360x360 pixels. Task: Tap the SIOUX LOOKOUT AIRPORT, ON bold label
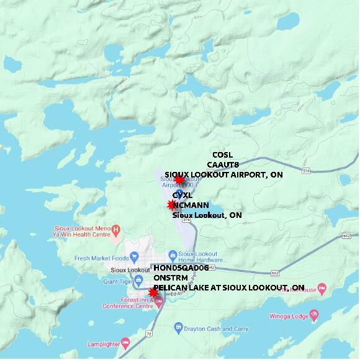click(x=223, y=175)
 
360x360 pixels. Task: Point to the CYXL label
click(x=182, y=196)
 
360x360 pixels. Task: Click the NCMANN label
click(x=190, y=205)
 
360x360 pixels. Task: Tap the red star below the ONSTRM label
click(x=153, y=292)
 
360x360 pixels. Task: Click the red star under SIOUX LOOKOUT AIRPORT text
click(x=179, y=180)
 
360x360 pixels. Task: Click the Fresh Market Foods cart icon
click(x=135, y=258)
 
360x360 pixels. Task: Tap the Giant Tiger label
click(x=119, y=281)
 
